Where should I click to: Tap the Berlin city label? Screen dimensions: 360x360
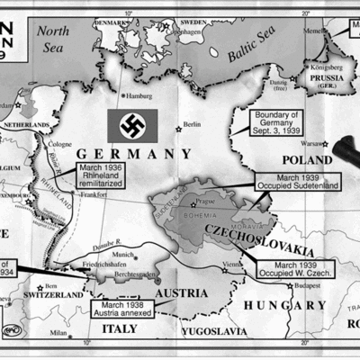[x=192, y=124]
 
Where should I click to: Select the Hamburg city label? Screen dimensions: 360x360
[x=139, y=95]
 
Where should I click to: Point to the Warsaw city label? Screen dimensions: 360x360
[x=311, y=142]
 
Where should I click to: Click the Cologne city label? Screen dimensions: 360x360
[x=61, y=144]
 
